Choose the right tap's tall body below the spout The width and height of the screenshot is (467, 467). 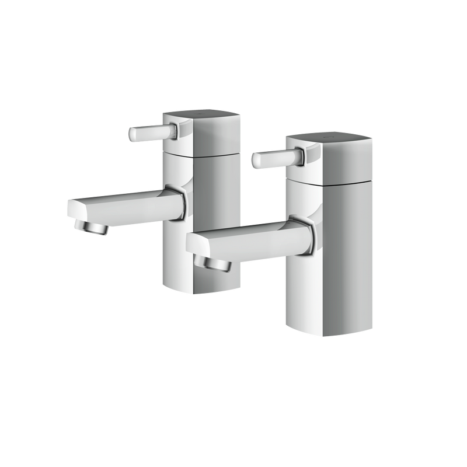point(333,292)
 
